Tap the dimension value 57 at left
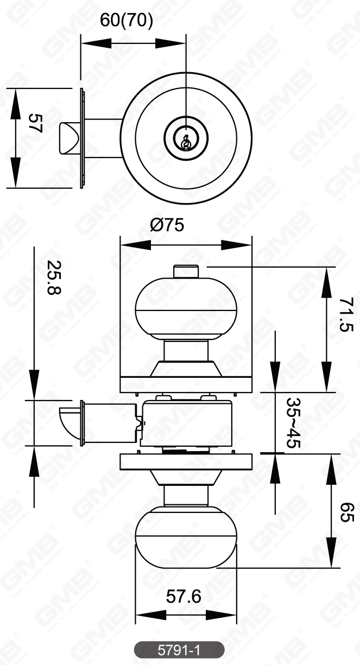(36, 124)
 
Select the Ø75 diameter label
(167, 225)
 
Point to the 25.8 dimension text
(54, 277)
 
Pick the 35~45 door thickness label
(295, 423)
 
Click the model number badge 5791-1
(179, 649)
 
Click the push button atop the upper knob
(186, 270)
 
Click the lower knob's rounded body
(186, 537)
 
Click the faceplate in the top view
(82, 138)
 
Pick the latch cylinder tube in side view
(109, 423)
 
